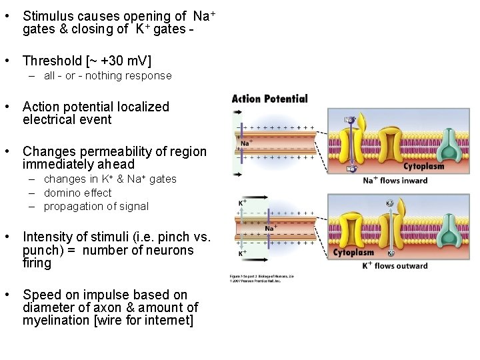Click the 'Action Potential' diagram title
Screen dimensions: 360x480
pyautogui.click(x=269, y=99)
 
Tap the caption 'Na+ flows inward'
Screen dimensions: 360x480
pyautogui.click(x=395, y=180)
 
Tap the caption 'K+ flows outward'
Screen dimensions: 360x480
pyautogui.click(x=395, y=266)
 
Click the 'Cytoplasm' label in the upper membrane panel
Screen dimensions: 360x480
pyautogui.click(x=423, y=167)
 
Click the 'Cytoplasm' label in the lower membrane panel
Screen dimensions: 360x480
pyautogui.click(x=353, y=253)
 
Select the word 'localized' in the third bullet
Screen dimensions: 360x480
pyautogui.click(x=143, y=107)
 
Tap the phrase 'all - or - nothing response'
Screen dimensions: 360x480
pyautogui.click(x=107, y=76)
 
